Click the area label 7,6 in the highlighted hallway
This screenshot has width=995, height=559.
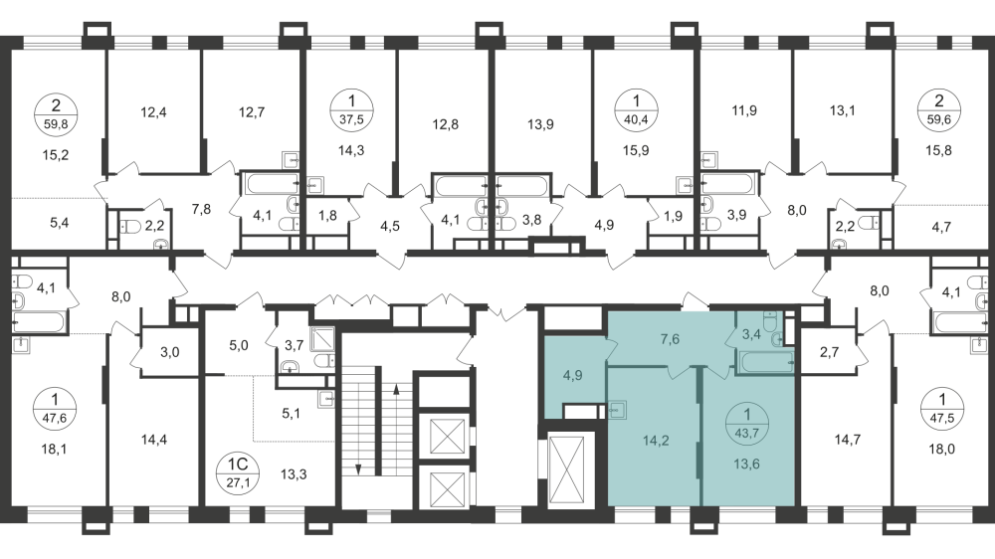(x=669, y=338)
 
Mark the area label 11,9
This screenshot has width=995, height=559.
(x=744, y=110)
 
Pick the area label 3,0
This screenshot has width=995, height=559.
(x=170, y=352)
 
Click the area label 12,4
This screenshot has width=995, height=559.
(x=153, y=111)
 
